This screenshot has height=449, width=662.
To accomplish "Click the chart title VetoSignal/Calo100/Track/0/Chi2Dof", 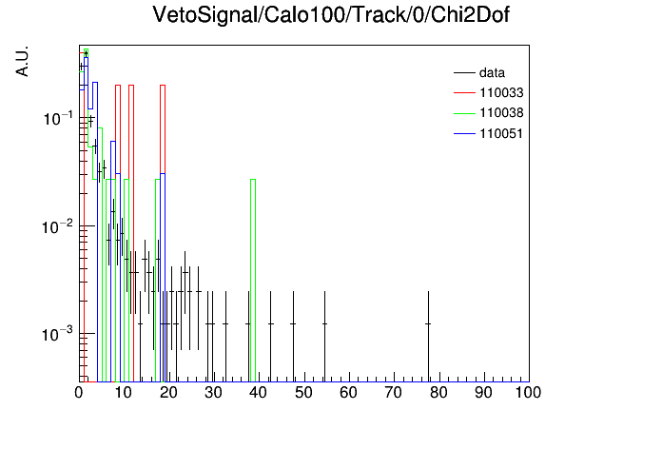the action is pyautogui.click(x=331, y=15).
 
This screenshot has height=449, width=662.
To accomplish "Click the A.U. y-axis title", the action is pyautogui.click(x=22, y=61).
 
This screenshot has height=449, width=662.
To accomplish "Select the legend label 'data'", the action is pyautogui.click(x=492, y=73).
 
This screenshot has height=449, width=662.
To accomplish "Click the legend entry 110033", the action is pyautogui.click(x=501, y=92).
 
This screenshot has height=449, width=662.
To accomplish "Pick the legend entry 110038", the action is pyautogui.click(x=501, y=113).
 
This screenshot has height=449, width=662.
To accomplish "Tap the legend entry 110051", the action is pyautogui.click(x=501, y=133).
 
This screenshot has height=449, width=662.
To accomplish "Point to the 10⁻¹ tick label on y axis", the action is pyautogui.click(x=58, y=118).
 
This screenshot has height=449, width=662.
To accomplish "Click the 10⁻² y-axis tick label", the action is pyautogui.click(x=58, y=226).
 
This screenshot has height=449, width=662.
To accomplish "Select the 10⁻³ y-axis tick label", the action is pyautogui.click(x=58, y=335).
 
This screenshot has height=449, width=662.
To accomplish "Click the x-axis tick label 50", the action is pyautogui.click(x=303, y=393).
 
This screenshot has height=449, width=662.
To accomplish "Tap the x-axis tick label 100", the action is pyautogui.click(x=528, y=393).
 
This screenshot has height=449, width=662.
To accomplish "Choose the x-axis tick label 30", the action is pyautogui.click(x=214, y=393).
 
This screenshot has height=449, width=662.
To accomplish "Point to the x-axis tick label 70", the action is pyautogui.click(x=394, y=393).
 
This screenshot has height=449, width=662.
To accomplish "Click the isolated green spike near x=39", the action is pyautogui.click(x=253, y=180).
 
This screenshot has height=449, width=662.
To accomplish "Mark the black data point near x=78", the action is pyautogui.click(x=428, y=324).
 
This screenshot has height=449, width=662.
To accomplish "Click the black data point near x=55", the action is pyautogui.click(x=324, y=324).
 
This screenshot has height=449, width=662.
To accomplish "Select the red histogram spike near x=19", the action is pyautogui.click(x=163, y=86).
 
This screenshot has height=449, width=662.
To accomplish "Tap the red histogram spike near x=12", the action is pyautogui.click(x=131, y=86).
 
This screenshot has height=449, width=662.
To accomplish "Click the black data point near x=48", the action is pyautogui.click(x=293, y=324).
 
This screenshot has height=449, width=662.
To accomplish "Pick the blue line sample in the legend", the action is pyautogui.click(x=464, y=134).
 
